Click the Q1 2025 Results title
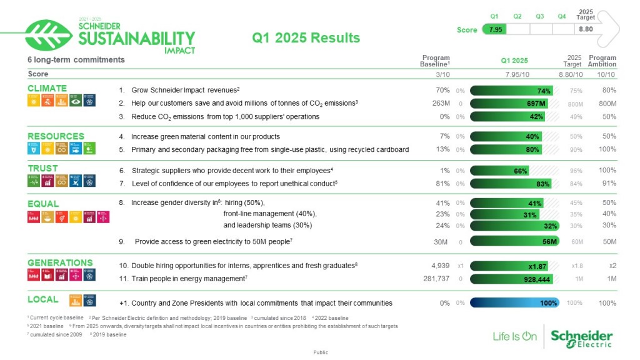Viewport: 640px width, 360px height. coord(306,37)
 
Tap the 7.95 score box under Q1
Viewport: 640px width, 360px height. coord(495,29)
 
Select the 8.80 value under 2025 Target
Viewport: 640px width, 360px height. coord(585,29)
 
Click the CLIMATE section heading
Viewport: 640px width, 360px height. coord(47,88)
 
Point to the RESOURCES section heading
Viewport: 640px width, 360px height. coord(56,136)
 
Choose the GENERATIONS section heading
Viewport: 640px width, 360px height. coord(60,262)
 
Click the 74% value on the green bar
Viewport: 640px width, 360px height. coord(543,91)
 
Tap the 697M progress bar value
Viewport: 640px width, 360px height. coord(536,104)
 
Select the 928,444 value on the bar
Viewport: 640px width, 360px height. coord(537,280)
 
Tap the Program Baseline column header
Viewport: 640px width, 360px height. coord(435,61)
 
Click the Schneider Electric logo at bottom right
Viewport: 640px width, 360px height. coord(581,337)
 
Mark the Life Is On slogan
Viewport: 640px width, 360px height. coord(514,336)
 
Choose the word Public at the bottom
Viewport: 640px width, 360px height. coord(320,352)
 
